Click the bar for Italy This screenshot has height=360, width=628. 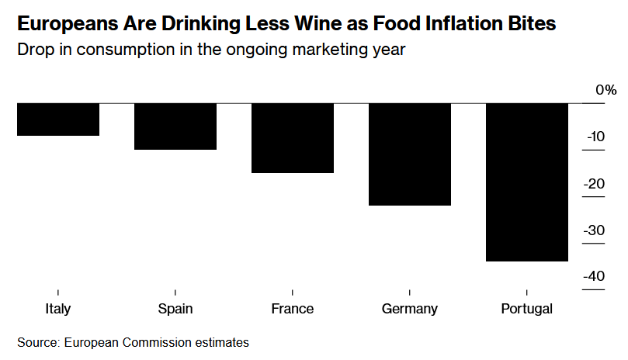[57, 119]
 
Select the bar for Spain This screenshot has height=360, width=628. [175, 126]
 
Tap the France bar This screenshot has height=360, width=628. [292, 138]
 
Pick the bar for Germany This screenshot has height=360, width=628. [409, 154]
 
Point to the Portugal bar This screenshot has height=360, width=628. [526, 182]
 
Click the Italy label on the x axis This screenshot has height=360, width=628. [57, 309]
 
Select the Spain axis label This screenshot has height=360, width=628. [175, 309]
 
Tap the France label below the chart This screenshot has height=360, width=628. [292, 309]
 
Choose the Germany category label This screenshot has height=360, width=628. [409, 309]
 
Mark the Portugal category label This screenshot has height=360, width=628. [526, 309]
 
